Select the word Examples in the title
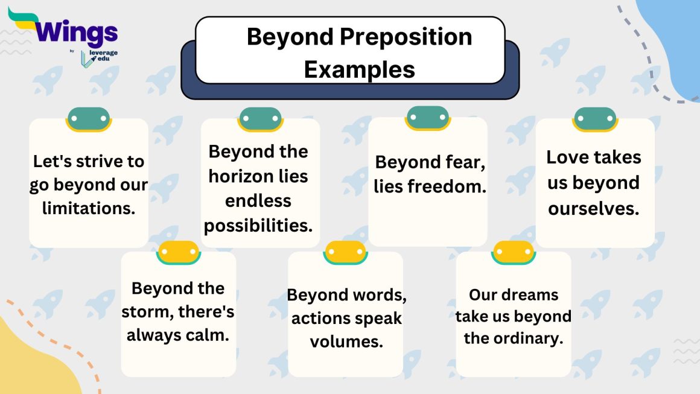359,69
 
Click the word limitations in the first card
89,208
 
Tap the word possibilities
258,225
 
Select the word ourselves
594,208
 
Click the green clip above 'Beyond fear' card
427,118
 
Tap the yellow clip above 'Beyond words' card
345,252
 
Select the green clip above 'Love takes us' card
595,119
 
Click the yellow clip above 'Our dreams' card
514,252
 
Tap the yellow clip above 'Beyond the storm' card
178,252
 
